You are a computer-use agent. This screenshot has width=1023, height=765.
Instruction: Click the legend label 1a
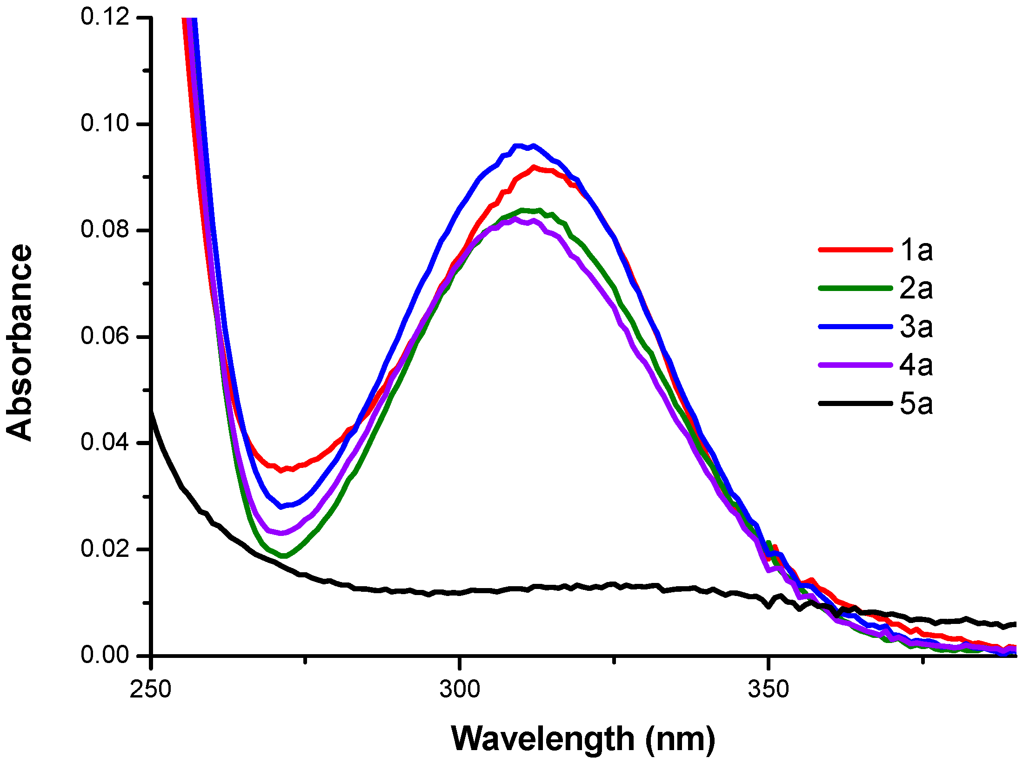[x=916, y=250]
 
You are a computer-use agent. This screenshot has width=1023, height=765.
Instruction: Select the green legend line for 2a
[x=855, y=288]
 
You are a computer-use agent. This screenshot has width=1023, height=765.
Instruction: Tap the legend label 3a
[x=916, y=326]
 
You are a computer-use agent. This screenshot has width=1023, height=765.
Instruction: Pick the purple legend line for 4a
[x=855, y=365]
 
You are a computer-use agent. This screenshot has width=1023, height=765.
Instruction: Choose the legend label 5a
[x=916, y=403]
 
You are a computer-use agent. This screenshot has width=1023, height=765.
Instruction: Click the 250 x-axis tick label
[x=151, y=689]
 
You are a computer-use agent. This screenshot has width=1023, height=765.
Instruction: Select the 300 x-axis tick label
[x=460, y=689]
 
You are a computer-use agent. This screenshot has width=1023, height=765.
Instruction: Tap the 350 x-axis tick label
[x=769, y=689]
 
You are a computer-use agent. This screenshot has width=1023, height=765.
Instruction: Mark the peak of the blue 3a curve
[x=525, y=146]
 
